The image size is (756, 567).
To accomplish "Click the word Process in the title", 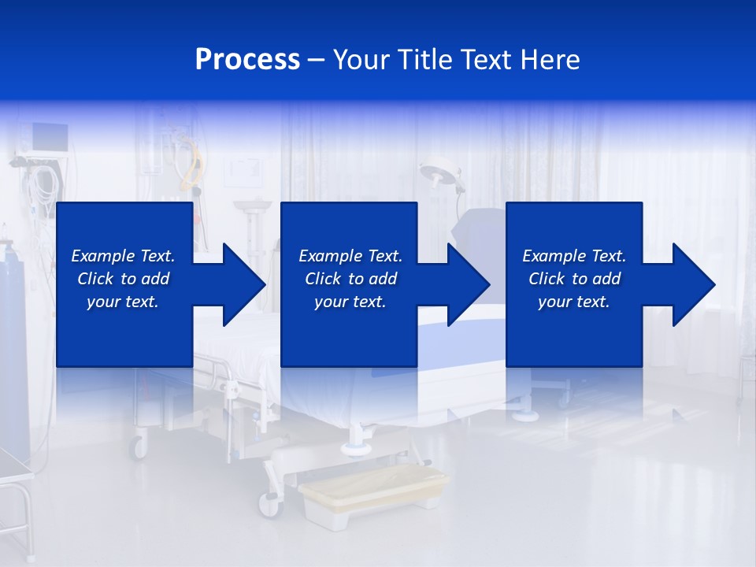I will pos(247,60).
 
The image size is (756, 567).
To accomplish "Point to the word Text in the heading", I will pos(485,60).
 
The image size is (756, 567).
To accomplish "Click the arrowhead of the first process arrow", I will pos(244,284).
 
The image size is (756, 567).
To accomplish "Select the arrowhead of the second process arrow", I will pos(469,284).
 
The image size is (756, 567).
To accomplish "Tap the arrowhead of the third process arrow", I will pos(694,284).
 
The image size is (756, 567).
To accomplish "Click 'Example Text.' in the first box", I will pos(123,256).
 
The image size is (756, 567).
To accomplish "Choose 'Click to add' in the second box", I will pos(350,279).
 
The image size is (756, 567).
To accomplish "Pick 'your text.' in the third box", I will pos(574,302).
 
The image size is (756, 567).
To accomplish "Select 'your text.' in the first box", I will pos(123,302).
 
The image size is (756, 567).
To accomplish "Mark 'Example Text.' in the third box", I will pos(574,256).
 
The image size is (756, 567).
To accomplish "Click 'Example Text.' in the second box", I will pos(350,256).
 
